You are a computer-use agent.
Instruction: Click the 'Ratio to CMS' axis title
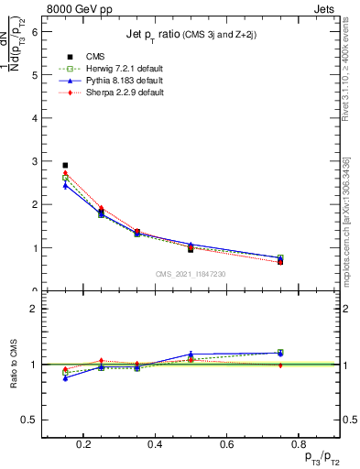pyautogui.click(x=16, y=364)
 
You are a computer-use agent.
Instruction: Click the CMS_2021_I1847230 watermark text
pyautogui.click(x=191, y=275)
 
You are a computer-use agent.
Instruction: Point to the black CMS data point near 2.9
pyautogui.click(x=65, y=166)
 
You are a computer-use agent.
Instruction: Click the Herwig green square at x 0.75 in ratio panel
pyautogui.click(x=280, y=352)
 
